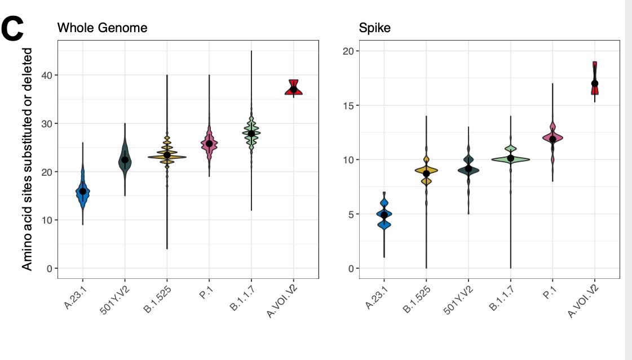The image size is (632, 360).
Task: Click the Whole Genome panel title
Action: click(x=103, y=27)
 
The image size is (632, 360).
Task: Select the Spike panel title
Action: click(x=375, y=27)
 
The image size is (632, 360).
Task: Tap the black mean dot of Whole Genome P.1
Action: click(x=209, y=144)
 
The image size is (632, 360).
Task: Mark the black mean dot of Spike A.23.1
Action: click(x=384, y=215)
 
